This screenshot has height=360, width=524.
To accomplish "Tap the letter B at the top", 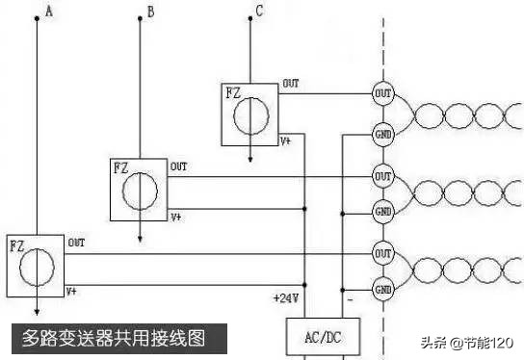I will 149,13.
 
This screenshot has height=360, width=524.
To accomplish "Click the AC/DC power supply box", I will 323,338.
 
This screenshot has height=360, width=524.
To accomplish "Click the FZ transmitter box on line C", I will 249,114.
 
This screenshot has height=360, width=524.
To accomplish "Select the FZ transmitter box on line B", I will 139,190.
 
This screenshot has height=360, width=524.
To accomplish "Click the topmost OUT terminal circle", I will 382,93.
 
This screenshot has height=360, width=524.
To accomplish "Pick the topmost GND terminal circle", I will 382,135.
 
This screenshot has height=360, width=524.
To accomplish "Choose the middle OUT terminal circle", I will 382,176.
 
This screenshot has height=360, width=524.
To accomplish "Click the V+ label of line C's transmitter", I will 286,141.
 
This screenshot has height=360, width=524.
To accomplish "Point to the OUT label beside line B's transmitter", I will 179,167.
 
